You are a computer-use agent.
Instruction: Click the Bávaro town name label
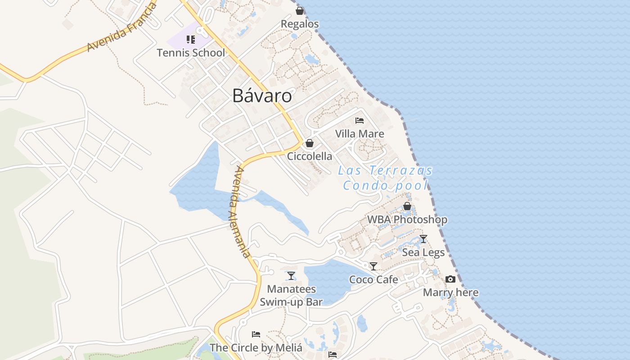[262, 96]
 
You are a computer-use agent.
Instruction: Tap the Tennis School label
[191, 53]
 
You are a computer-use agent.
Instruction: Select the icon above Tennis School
[191, 40]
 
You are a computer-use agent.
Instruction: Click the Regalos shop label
[300, 24]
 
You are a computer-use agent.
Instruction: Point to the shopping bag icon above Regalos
[300, 11]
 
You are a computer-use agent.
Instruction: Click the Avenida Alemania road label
[241, 211]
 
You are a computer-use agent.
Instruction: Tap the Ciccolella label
[310, 156]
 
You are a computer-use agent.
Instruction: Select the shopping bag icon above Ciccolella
[310, 143]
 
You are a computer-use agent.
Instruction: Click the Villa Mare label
[360, 134]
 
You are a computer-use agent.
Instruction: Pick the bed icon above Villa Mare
[360, 121]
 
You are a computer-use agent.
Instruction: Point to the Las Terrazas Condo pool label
[385, 178]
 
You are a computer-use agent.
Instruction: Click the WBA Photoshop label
[407, 220]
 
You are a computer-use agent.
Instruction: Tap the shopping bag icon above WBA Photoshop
[407, 206]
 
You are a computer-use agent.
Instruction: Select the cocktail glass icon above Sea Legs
[423, 239]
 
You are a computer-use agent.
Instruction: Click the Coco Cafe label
[373, 279]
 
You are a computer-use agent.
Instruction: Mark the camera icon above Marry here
[450, 279]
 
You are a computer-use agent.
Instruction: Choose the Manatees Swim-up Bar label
[291, 295]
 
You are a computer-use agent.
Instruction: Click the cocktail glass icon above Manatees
[291, 275]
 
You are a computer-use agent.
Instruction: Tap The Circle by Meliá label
[256, 348]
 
